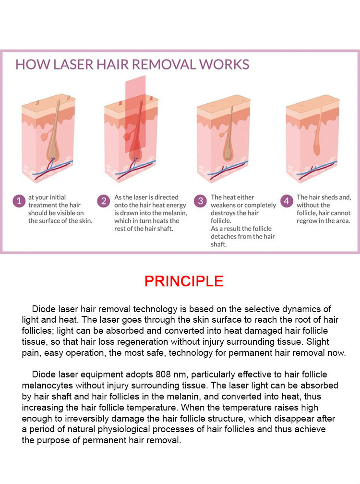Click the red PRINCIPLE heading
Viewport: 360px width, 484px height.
coord(184,281)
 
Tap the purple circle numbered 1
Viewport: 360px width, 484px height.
coord(19,201)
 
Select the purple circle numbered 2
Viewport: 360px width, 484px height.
coord(103,201)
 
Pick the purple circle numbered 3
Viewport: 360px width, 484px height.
coord(200,201)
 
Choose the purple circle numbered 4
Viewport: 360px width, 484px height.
coord(287,201)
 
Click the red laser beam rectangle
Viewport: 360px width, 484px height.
coord(135,114)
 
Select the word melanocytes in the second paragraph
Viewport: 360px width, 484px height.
coord(48,386)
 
